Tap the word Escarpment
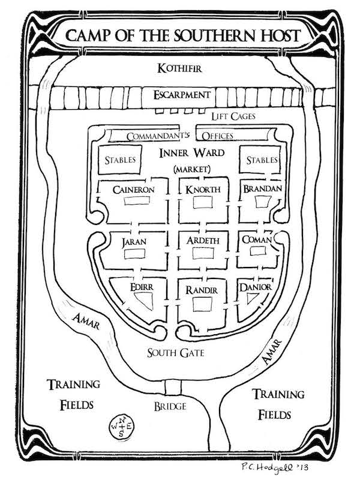click(x=181, y=95)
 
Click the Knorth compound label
click(x=203, y=190)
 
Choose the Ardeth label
click(x=201, y=242)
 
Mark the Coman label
click(x=257, y=240)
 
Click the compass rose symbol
click(x=122, y=425)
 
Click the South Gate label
click(x=176, y=353)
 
